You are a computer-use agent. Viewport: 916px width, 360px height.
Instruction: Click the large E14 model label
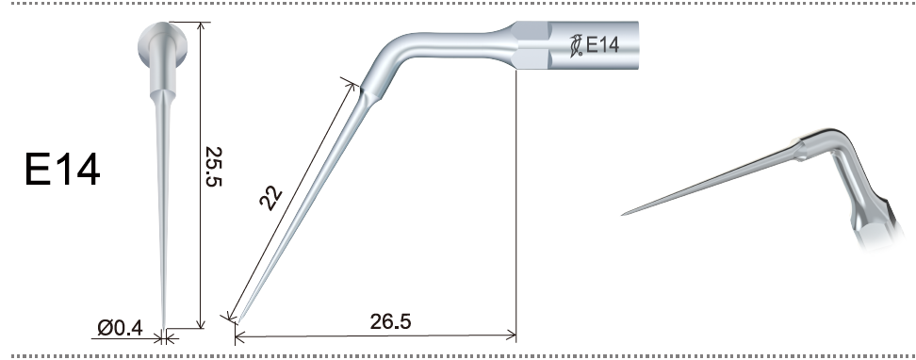[62, 170]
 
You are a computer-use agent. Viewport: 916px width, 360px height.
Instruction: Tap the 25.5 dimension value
[214, 166]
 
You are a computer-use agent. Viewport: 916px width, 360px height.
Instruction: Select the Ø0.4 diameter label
[120, 328]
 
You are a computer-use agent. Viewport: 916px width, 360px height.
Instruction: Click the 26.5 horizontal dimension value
[390, 321]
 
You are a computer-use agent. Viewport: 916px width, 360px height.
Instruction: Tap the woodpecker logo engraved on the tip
[577, 45]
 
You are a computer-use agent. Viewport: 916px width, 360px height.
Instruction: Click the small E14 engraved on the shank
[602, 45]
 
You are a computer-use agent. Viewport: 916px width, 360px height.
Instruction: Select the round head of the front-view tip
[162, 44]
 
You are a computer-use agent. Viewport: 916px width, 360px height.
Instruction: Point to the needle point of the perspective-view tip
[622, 215]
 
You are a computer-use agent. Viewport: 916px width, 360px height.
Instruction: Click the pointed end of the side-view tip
[237, 322]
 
